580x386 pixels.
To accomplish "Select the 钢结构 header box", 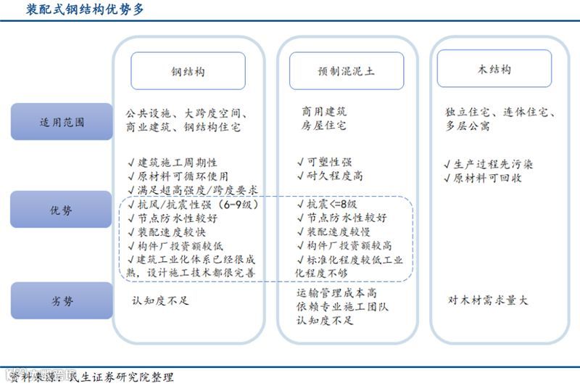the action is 188,71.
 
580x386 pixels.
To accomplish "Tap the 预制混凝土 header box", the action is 347,71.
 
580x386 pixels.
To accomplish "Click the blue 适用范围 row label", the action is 62,121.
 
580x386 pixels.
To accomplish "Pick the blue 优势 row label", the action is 62,210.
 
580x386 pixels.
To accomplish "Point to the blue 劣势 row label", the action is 62,300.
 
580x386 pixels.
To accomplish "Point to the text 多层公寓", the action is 468,126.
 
